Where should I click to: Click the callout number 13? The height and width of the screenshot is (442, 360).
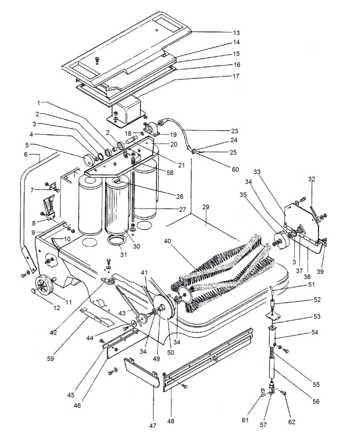click(237, 33)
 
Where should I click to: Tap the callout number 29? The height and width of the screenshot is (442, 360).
click(206, 207)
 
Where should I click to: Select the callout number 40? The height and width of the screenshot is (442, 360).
click(168, 241)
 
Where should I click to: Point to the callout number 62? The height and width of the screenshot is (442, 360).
click(292, 422)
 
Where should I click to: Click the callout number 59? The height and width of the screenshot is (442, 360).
click(51, 359)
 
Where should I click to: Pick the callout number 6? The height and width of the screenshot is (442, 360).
click(25, 155)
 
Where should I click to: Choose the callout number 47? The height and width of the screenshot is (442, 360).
click(152, 426)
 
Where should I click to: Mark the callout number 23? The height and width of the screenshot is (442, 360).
click(234, 131)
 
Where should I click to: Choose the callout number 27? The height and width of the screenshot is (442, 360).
click(182, 210)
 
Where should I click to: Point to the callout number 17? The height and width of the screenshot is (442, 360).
click(236, 76)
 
